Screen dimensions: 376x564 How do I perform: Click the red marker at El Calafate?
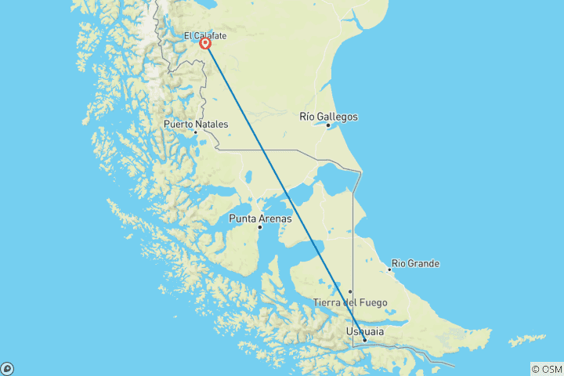205,44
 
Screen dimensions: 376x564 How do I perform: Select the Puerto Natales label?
196,124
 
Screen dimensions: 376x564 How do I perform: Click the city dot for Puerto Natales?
195,132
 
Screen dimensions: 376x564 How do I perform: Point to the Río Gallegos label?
329,117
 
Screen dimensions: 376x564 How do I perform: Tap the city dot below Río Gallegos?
328,125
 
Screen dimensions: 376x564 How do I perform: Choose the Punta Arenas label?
260,219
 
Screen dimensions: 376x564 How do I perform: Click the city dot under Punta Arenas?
259,227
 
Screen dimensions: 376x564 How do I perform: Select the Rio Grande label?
415,263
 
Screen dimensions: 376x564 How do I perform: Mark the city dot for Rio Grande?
389,269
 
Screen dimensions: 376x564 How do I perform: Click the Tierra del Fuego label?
349,302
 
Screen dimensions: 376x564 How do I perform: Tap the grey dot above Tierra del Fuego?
350,291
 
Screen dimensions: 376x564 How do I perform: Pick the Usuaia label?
364,332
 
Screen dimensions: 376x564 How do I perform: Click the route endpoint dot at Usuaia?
364,340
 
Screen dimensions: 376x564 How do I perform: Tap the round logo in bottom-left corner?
7,368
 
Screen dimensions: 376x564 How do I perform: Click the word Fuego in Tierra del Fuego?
371,302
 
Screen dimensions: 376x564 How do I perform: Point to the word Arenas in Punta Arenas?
276,219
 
